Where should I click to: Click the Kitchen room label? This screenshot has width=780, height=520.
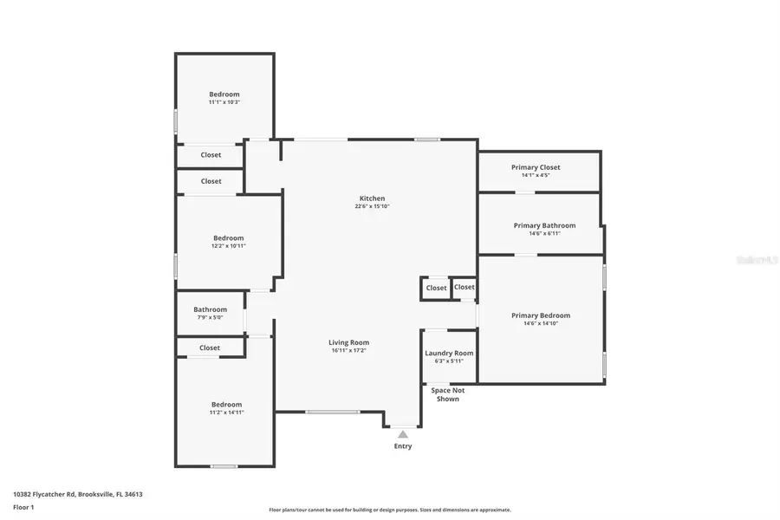(373, 198)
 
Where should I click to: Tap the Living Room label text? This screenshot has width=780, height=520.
(349, 342)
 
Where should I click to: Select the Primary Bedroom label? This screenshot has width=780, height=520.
(541, 315)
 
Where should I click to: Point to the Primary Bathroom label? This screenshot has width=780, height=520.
(544, 225)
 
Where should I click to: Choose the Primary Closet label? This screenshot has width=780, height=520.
(536, 167)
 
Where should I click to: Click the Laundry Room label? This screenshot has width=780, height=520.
(449, 353)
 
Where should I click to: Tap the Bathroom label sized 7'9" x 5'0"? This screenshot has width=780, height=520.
(210, 309)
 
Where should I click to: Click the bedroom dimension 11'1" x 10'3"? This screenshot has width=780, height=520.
(224, 102)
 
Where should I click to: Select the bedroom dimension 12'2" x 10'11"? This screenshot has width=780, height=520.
(229, 246)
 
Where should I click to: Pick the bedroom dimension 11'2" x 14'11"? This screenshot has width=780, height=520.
(227, 413)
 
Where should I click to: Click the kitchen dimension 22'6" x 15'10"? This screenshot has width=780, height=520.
(373, 206)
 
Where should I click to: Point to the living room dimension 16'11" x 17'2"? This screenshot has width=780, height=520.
(349, 351)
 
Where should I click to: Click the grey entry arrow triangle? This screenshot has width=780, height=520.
(403, 434)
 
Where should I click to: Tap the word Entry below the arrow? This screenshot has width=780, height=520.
(403, 446)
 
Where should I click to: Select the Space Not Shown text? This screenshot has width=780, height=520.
(447, 394)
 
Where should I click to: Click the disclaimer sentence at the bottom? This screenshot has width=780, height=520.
(389, 510)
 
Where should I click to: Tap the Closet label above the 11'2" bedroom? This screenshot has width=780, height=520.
(210, 348)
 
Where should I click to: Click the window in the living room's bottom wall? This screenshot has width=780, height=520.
(332, 412)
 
